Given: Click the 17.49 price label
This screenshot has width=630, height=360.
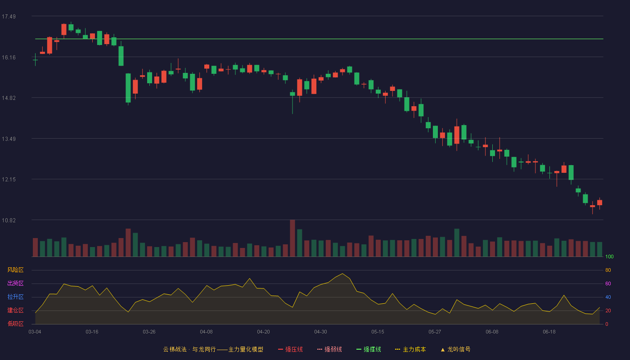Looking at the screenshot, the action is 9,17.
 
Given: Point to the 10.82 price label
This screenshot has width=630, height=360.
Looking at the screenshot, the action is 9,220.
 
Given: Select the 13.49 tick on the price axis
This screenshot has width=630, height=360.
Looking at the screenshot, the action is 9,139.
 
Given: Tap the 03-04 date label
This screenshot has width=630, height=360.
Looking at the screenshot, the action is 35,332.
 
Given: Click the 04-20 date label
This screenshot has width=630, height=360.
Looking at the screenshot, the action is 263,332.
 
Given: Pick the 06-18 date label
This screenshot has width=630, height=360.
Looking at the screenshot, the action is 549,332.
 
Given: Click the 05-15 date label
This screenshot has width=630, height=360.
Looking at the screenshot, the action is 378,332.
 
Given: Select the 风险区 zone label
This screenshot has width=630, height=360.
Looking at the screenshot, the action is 15,270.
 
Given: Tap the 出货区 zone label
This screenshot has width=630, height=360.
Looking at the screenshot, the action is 15,283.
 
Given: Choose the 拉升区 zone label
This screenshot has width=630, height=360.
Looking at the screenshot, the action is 15,297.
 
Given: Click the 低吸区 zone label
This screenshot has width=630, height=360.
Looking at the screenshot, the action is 15,324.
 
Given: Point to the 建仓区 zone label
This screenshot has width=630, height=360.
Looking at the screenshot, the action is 15,310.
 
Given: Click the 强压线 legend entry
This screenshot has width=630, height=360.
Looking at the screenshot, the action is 290,349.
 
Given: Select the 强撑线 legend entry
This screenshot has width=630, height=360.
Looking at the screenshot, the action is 369,349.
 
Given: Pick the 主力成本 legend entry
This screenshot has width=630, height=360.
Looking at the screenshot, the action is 410,349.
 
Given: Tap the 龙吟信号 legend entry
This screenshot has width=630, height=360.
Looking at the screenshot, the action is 455,349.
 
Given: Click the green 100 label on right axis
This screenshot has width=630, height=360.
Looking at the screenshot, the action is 609,256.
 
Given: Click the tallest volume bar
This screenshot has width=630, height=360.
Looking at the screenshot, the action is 292,238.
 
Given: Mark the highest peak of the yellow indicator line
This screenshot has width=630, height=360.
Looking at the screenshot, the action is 342,274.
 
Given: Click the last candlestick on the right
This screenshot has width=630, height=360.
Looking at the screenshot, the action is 599,203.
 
